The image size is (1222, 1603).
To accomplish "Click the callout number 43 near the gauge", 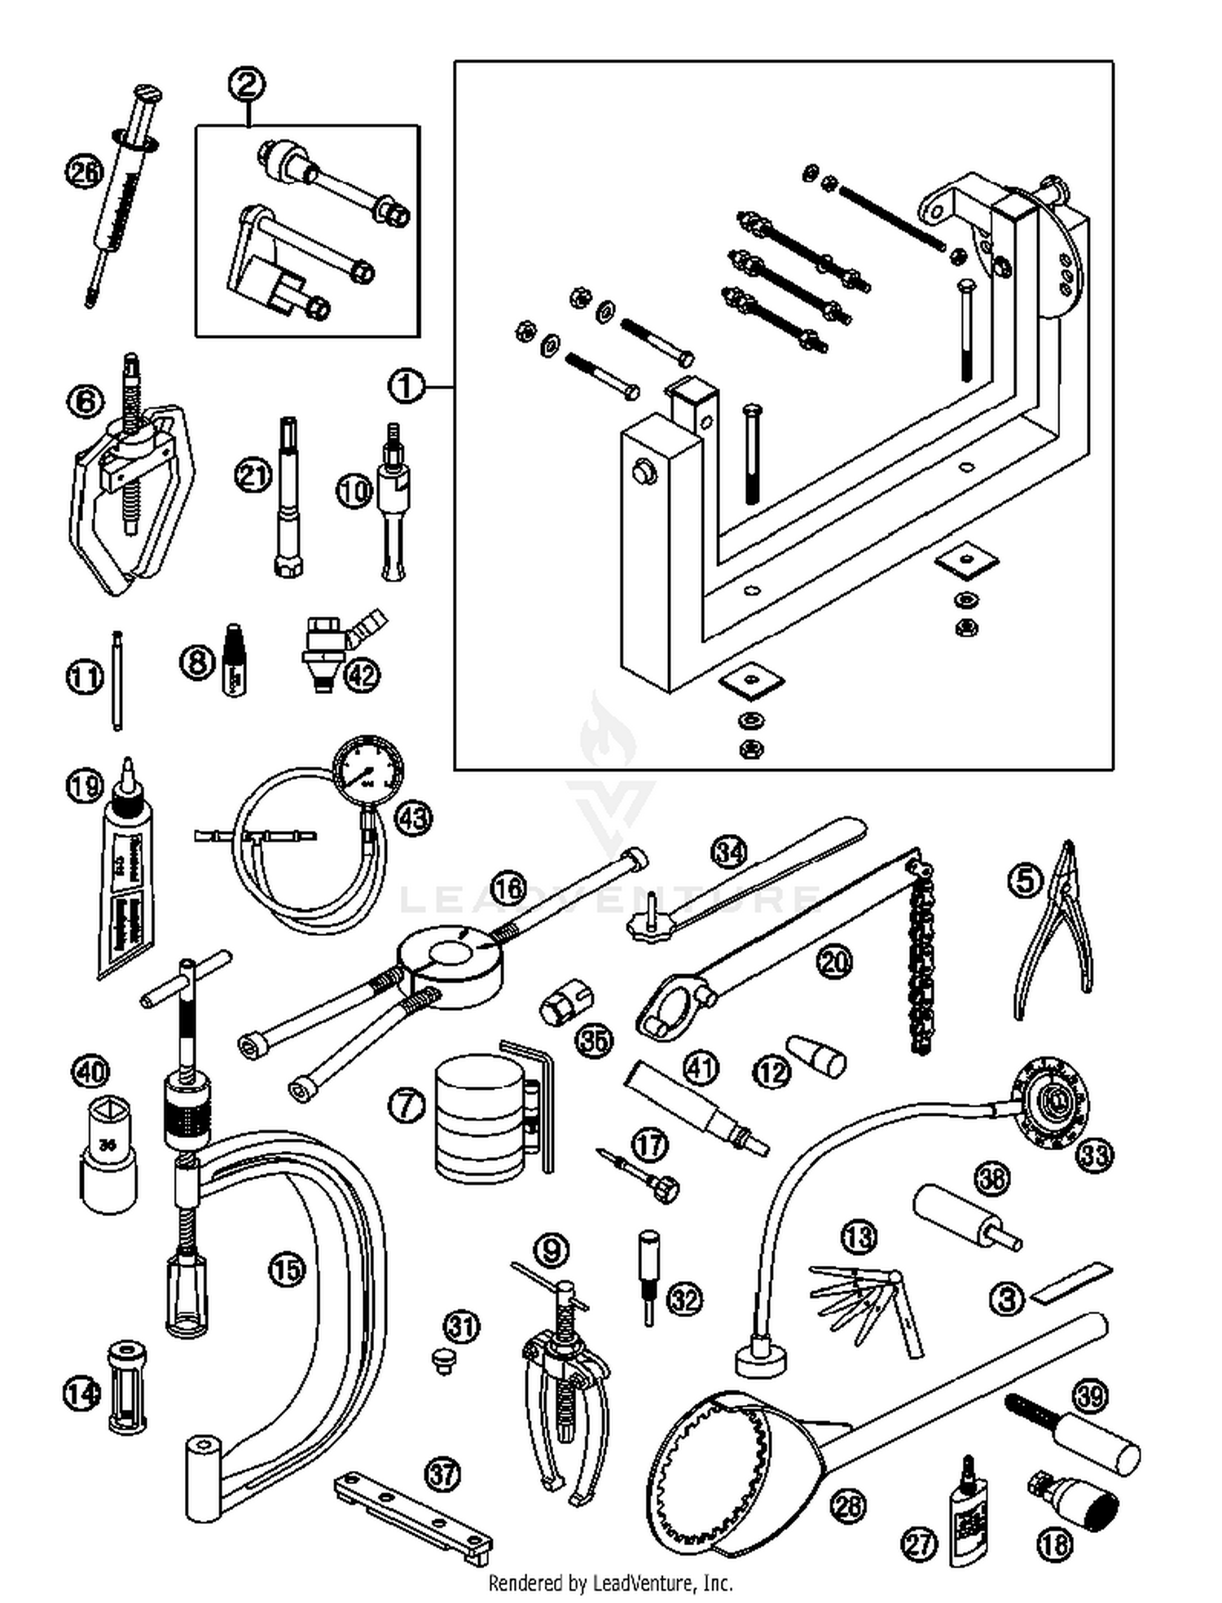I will coord(413,817).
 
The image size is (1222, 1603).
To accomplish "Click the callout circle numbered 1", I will coord(407,386).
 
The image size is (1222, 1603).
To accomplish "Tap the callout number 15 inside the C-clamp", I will coord(287,1270).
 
